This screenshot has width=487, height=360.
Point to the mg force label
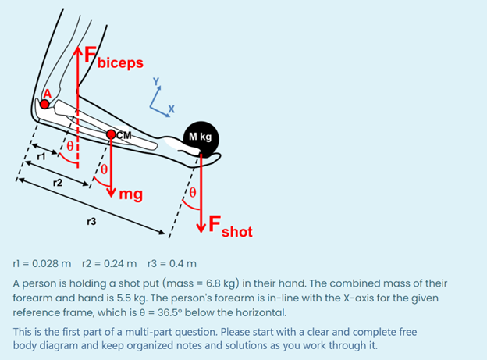click(130, 194)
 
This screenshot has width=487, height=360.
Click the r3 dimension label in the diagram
click(91, 223)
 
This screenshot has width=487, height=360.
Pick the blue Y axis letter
click(156, 81)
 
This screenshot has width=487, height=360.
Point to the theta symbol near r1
click(69, 146)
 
